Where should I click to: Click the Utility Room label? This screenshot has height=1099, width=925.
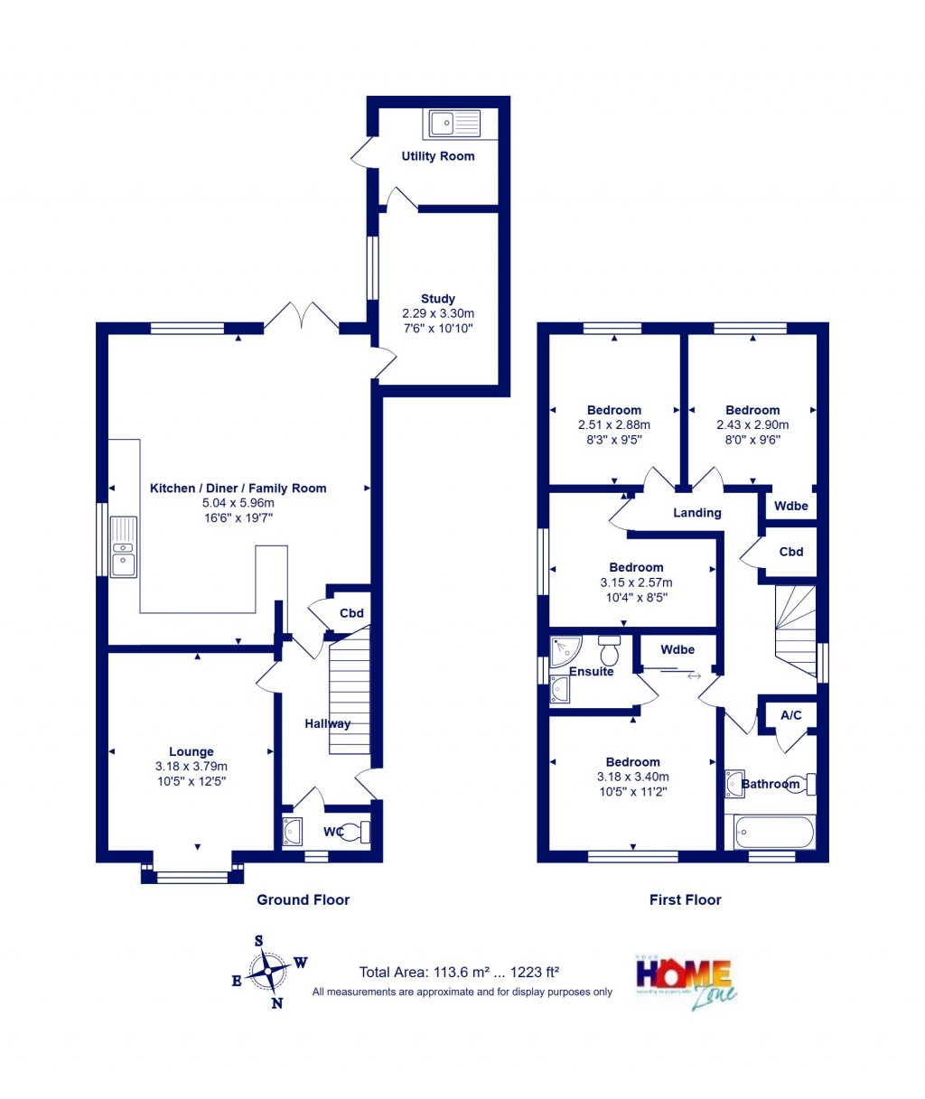coord(437,156)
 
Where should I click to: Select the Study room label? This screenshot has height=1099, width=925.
coord(438,299)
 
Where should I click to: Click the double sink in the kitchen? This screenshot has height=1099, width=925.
coord(123,547)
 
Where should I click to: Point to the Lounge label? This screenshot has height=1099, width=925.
coord(192,751)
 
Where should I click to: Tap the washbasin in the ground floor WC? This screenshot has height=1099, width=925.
coord(293,830)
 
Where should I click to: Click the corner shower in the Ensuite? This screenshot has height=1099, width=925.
coord(565,650)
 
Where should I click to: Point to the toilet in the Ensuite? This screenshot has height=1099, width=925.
coord(609,649)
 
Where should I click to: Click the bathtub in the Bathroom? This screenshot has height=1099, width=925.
coord(774,832)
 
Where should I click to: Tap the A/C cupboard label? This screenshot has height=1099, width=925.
coord(790,715)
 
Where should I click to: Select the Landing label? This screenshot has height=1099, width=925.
coord(697,513)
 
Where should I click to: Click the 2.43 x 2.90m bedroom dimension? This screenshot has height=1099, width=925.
coord(752,424)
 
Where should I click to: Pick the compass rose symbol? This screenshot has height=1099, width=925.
coord(268,973)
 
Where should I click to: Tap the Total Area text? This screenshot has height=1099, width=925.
coord(459,973)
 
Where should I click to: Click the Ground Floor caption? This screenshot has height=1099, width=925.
coord(303,899)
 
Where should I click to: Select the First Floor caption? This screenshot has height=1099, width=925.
coord(685,899)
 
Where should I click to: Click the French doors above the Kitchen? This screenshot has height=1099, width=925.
coord(301,316)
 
